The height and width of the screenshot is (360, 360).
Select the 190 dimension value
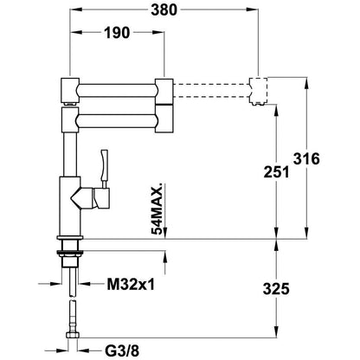(x=116, y=34)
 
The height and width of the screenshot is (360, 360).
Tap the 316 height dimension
(x=308, y=159)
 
